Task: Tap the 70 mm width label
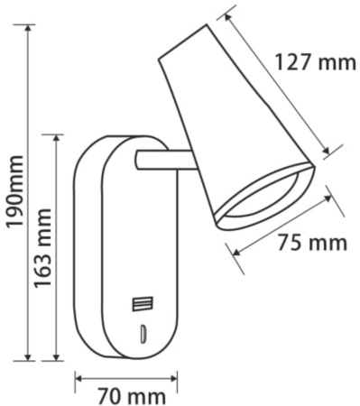coord(127,394)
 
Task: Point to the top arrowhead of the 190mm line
coord(31,28)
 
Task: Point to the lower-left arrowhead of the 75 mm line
coord(236,253)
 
